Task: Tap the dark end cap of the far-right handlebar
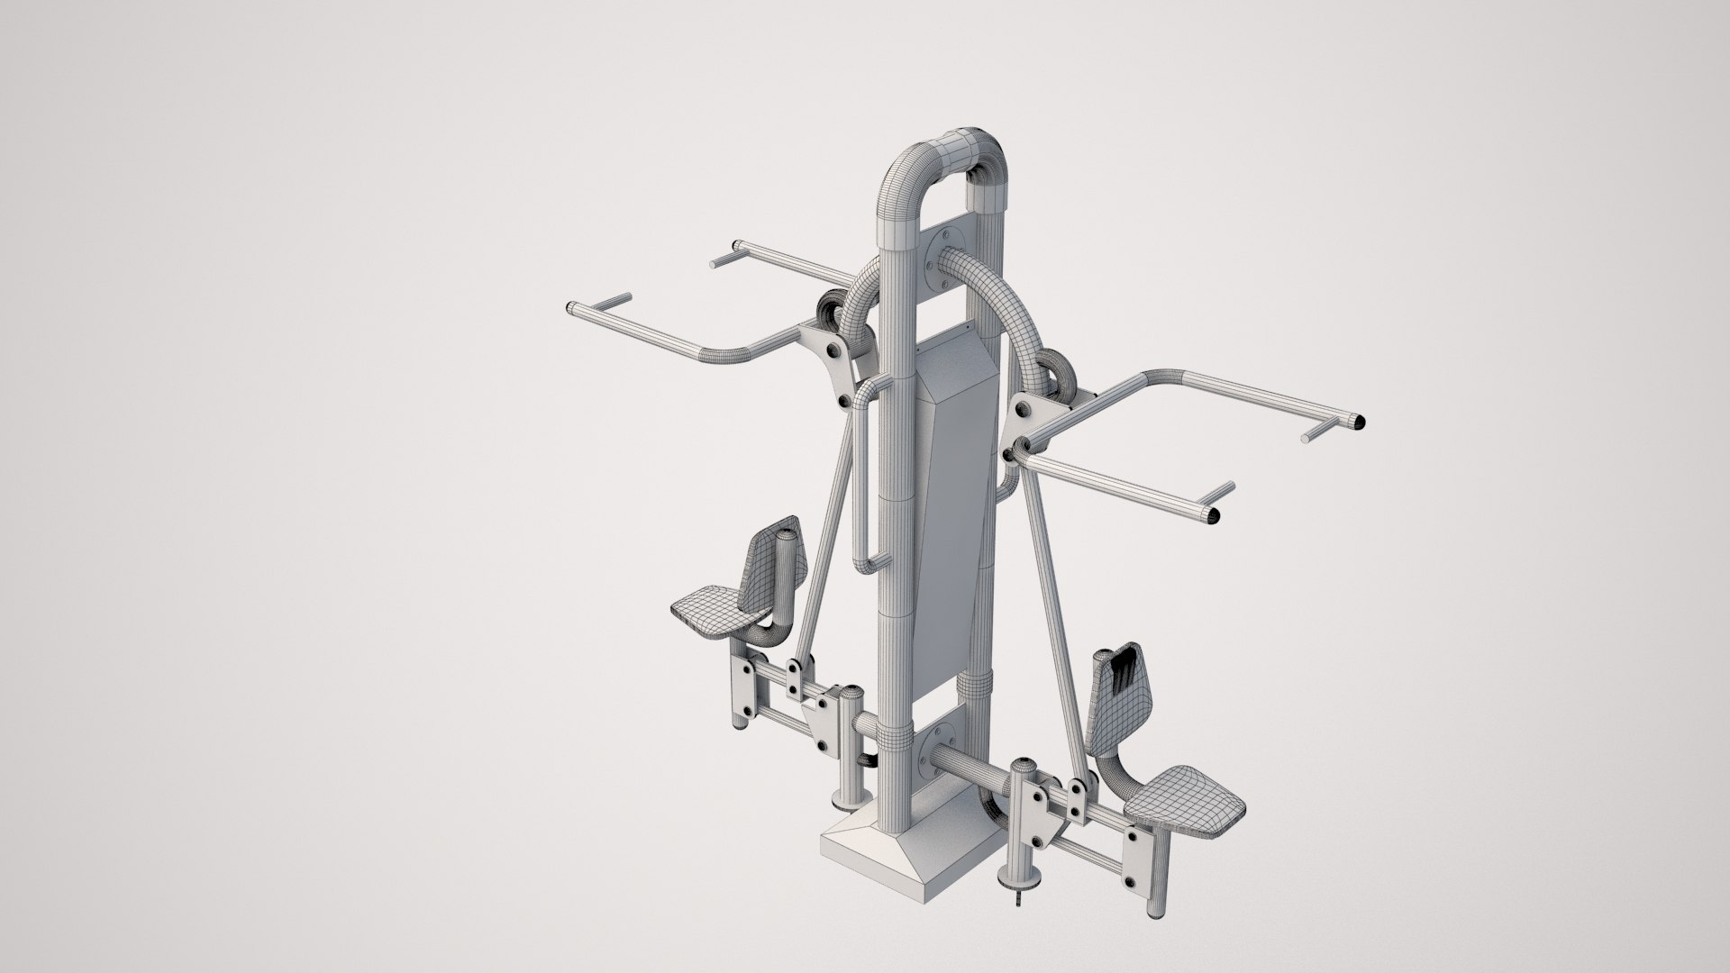click(1361, 421)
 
